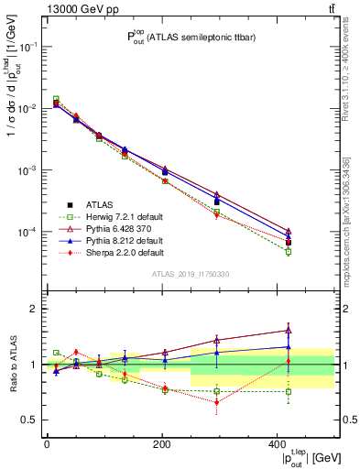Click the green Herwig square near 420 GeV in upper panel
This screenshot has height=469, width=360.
click(x=289, y=250)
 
